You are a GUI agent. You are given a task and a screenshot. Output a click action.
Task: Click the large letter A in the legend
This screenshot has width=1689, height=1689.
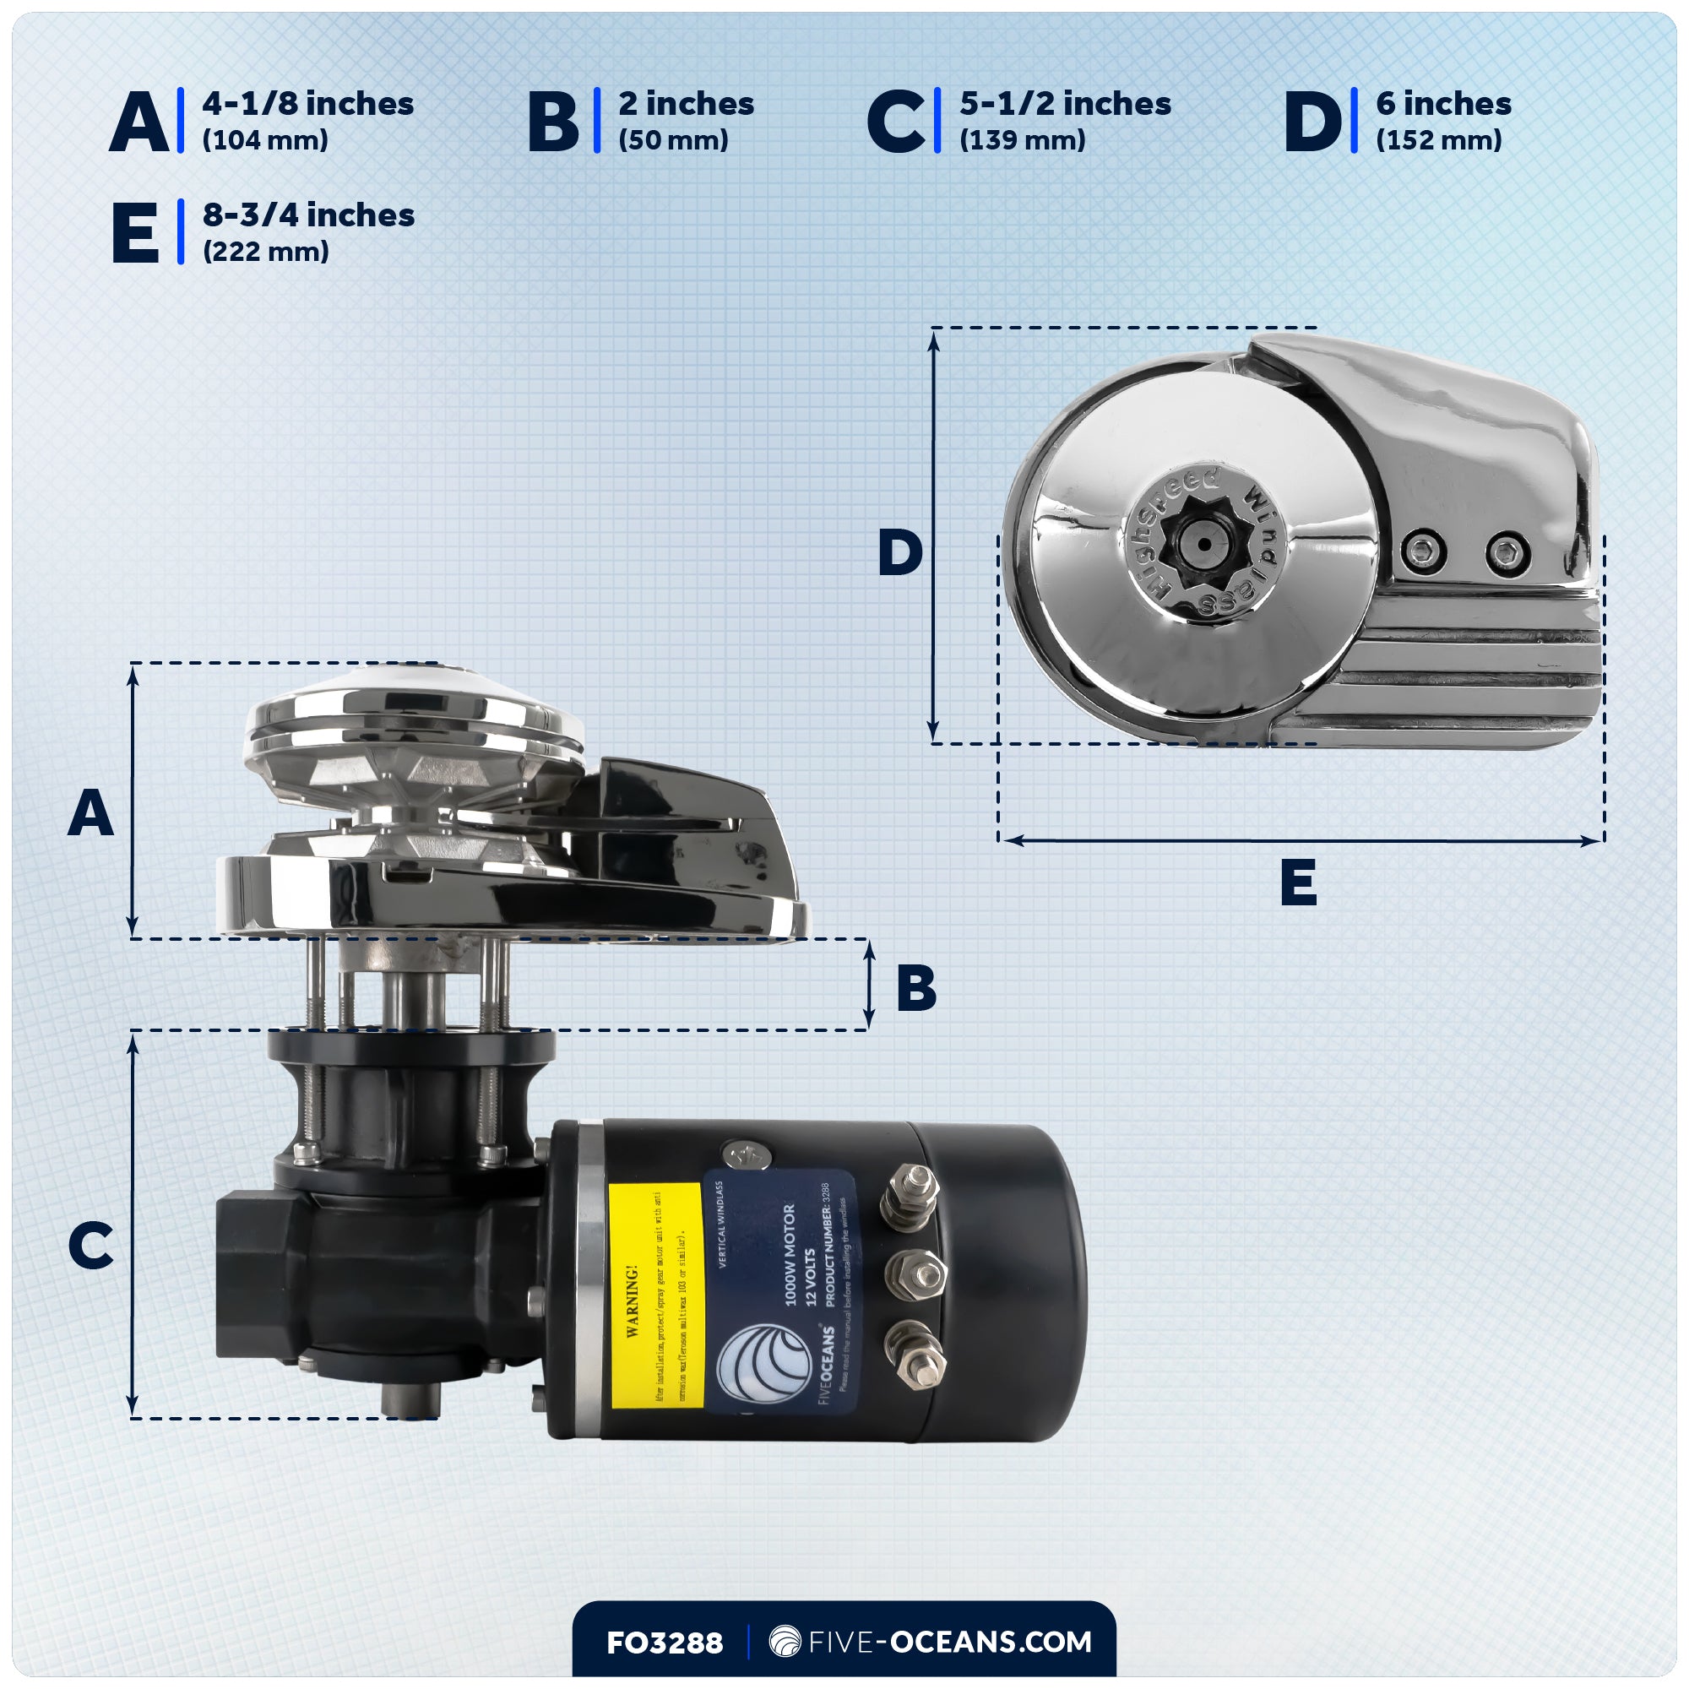coord(138,122)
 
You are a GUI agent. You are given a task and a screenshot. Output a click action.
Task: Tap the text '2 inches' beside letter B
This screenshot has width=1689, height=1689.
coord(686,103)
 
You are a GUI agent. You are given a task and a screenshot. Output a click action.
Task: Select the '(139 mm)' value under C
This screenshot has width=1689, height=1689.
coord(1022,140)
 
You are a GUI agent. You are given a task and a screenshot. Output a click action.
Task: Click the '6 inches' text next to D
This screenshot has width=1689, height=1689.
coord(1442,103)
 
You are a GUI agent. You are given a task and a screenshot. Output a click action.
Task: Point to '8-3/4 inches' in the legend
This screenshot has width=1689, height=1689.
coord(307,215)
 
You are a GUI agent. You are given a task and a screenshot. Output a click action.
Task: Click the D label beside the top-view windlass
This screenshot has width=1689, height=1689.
coord(899,552)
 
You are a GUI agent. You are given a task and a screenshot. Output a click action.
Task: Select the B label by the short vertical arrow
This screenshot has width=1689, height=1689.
coord(915,989)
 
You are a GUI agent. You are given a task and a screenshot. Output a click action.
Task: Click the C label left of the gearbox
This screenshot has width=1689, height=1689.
coord(90,1246)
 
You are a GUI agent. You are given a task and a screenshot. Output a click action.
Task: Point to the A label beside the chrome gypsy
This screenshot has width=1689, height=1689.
coord(90,814)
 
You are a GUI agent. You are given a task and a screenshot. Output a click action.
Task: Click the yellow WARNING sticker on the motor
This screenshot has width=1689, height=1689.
coord(655,1295)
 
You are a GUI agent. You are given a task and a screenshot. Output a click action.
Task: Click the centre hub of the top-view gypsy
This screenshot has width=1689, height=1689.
coord(1203,545)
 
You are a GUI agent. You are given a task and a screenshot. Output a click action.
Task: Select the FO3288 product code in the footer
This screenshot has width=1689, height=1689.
coord(665,1642)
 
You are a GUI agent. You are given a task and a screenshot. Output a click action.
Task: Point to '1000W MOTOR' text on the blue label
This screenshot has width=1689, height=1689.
coord(790,1256)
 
